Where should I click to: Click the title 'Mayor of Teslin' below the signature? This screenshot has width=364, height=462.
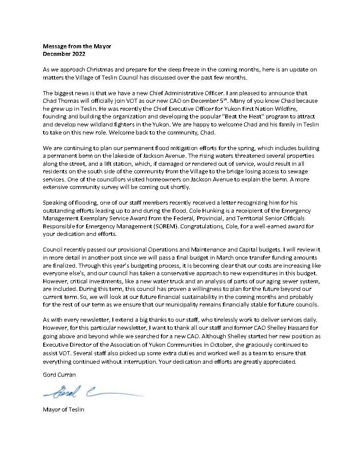click(x=63, y=409)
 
